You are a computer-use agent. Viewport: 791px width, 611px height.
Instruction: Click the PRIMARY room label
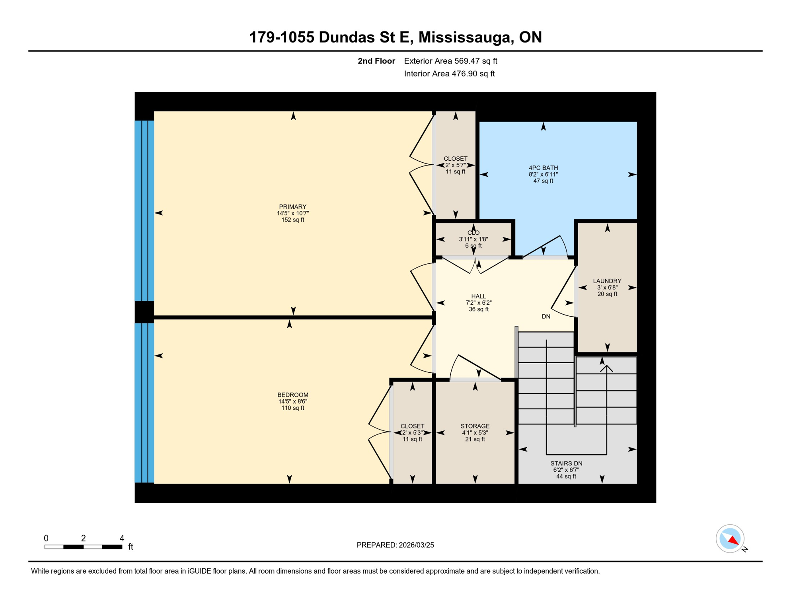[x=292, y=206]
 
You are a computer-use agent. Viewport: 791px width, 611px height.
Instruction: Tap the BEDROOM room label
[x=292, y=395]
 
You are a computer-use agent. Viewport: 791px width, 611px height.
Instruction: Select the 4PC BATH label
[x=543, y=168]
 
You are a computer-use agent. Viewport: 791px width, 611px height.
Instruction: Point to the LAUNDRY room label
[x=607, y=281]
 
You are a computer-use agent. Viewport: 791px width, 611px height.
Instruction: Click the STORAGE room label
[x=475, y=426]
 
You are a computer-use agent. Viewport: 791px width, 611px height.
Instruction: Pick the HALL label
[x=478, y=296]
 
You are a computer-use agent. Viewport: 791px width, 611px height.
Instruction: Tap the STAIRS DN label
[x=566, y=463]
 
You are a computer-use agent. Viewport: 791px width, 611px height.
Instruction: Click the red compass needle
[x=733, y=540]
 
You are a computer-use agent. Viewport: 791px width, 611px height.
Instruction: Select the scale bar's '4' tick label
[x=122, y=538]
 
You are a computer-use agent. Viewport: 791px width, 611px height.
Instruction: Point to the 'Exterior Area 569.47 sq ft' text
[x=450, y=61]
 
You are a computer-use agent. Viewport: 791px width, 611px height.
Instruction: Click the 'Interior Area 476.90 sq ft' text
[x=449, y=74]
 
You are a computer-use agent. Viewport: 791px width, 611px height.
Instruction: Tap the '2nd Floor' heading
[x=376, y=61]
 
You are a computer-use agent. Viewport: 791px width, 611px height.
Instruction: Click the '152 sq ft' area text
[x=292, y=220]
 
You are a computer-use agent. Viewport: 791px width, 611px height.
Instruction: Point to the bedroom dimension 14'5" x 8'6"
[x=292, y=401]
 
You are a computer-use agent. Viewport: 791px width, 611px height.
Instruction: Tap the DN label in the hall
[x=546, y=317]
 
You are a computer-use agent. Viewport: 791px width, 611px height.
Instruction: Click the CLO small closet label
[x=473, y=233]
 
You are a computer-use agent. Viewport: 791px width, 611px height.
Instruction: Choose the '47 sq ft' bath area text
[x=543, y=181]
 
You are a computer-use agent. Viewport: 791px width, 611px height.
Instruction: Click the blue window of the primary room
[x=144, y=211]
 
